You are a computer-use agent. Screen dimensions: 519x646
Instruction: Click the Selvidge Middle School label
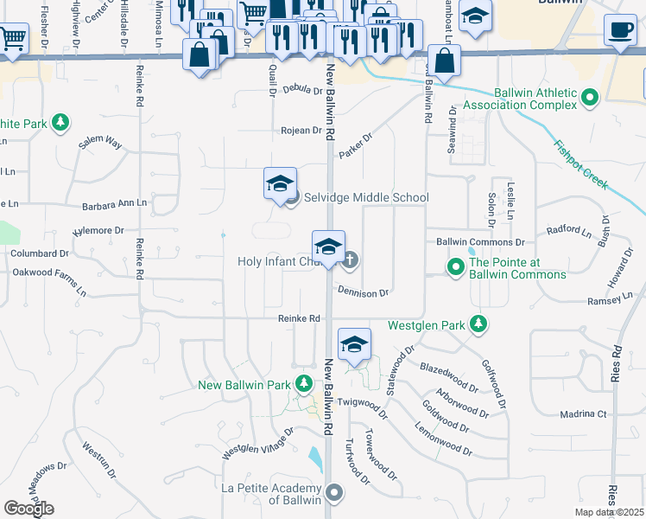click(x=365, y=197)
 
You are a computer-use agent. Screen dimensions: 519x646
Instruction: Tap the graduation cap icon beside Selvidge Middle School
click(x=280, y=184)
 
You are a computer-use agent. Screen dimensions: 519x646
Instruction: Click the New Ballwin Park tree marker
click(x=303, y=384)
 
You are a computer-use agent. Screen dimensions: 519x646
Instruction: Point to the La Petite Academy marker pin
click(x=335, y=494)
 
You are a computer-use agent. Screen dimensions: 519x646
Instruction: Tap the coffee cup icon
click(x=619, y=30)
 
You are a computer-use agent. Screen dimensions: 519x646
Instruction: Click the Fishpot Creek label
click(x=581, y=164)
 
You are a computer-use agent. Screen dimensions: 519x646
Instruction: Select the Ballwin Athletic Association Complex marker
click(x=591, y=98)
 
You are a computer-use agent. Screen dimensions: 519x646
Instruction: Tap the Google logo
click(x=29, y=508)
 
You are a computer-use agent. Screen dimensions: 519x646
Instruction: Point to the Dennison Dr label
click(x=364, y=293)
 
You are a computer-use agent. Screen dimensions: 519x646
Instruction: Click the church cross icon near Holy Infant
click(x=351, y=259)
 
